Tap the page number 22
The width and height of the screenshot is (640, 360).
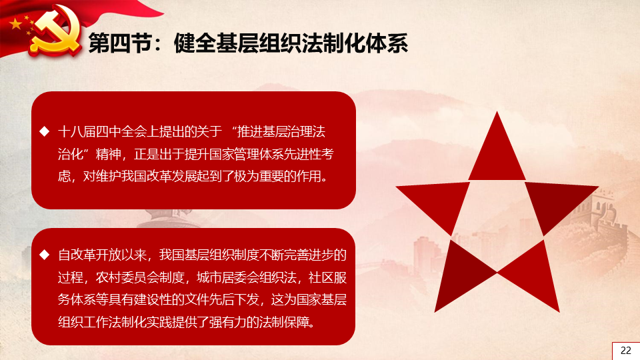coord(626,351)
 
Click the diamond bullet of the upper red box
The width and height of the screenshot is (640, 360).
coord(45,131)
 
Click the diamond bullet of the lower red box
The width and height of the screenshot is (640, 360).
coord(45,255)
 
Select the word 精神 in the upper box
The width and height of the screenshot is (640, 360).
coord(109,154)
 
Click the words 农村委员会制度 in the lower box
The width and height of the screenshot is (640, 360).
coord(140,277)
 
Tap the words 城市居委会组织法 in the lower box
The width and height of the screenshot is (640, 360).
coord(247,277)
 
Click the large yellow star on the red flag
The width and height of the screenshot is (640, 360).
coord(16,24)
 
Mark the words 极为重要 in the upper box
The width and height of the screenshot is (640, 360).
coord(259,176)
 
